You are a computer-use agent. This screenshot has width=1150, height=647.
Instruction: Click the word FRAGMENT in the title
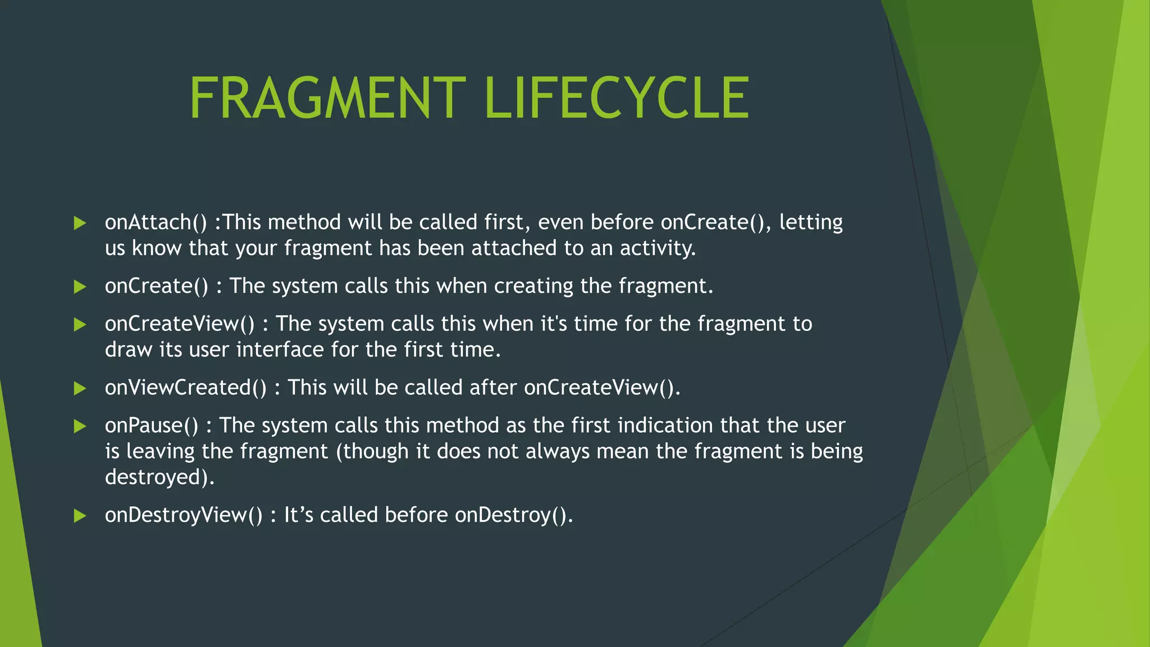(327, 98)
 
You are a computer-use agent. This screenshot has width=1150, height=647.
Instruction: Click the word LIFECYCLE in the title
(616, 98)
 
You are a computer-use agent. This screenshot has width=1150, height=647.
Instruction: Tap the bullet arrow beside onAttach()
(80, 223)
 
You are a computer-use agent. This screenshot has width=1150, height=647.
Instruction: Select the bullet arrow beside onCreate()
(80, 287)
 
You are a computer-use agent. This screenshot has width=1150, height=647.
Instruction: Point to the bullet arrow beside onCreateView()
(80, 324)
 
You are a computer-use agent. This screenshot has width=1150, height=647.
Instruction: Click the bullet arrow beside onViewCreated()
(80, 388)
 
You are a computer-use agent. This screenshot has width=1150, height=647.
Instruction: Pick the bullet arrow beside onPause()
(80, 426)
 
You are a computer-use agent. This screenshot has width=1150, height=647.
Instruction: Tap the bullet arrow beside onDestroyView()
(80, 516)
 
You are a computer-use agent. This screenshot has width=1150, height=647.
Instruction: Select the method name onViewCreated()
(186, 388)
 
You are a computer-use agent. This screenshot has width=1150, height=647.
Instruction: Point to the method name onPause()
(152, 426)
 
